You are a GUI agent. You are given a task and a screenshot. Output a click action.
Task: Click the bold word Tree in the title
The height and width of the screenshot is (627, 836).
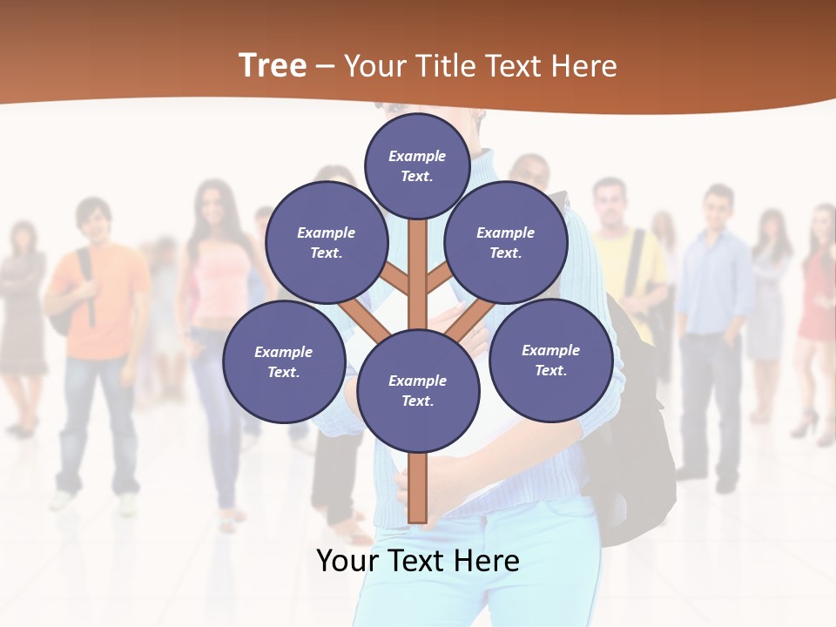(x=273, y=65)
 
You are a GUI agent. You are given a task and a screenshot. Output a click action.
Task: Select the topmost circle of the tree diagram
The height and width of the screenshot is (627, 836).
(x=417, y=165)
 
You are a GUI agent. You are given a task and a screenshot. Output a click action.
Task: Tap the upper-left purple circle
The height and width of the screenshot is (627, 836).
(x=326, y=243)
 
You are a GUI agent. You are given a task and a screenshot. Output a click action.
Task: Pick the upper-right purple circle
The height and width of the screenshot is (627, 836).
(x=506, y=242)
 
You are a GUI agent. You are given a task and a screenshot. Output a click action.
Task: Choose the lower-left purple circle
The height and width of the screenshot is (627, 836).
(x=284, y=361)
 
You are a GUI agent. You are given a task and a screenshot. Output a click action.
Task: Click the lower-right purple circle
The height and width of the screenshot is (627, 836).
(x=550, y=360)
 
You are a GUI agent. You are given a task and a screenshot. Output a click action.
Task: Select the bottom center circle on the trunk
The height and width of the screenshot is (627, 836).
(x=418, y=390)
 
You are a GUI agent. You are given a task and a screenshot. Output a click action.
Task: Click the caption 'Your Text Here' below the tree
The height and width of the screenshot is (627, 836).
(x=418, y=560)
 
